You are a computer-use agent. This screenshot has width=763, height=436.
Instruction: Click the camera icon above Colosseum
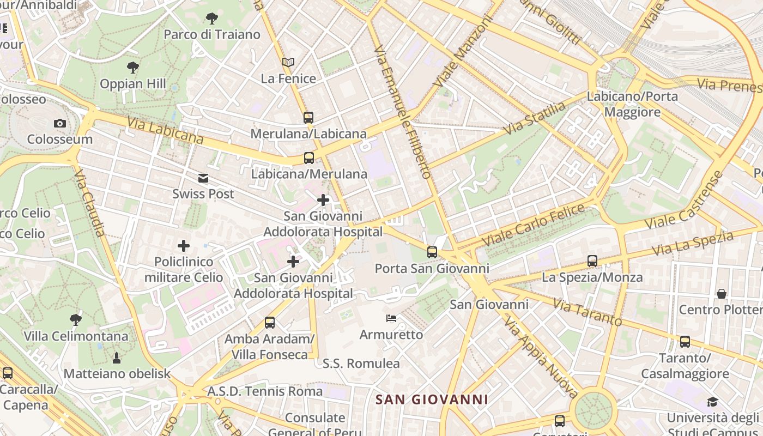click(x=60, y=124)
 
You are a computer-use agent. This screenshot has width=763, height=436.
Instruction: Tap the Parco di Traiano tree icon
click(x=212, y=19)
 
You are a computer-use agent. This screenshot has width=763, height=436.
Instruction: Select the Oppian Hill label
click(x=133, y=84)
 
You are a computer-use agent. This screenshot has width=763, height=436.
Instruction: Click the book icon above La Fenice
click(x=288, y=63)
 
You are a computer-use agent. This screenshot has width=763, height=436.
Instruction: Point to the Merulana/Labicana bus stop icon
click(x=308, y=117)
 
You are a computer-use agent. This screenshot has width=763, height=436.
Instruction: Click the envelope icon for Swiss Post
click(x=203, y=178)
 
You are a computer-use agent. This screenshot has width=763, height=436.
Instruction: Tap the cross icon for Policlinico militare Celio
click(x=184, y=246)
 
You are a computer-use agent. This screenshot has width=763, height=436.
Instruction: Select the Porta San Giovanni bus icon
click(x=432, y=252)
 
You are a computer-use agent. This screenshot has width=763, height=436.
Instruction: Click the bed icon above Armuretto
click(x=391, y=318)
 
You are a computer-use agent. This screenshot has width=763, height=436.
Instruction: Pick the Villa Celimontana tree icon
click(x=76, y=320)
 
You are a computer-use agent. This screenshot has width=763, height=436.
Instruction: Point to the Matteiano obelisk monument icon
click(x=116, y=358)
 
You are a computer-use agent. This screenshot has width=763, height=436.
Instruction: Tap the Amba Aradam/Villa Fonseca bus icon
click(x=270, y=322)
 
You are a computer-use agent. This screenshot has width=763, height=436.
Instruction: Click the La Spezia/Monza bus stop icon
click(x=592, y=261)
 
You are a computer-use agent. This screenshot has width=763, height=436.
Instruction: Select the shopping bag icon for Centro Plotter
click(x=722, y=294)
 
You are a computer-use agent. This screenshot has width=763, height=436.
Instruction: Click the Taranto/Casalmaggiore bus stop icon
click(x=685, y=342)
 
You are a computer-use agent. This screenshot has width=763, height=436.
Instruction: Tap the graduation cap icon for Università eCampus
click(x=712, y=402)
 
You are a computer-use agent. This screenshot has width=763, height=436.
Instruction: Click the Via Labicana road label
click(x=166, y=131)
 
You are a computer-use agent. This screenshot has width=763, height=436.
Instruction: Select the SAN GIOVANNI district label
click(x=432, y=399)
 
